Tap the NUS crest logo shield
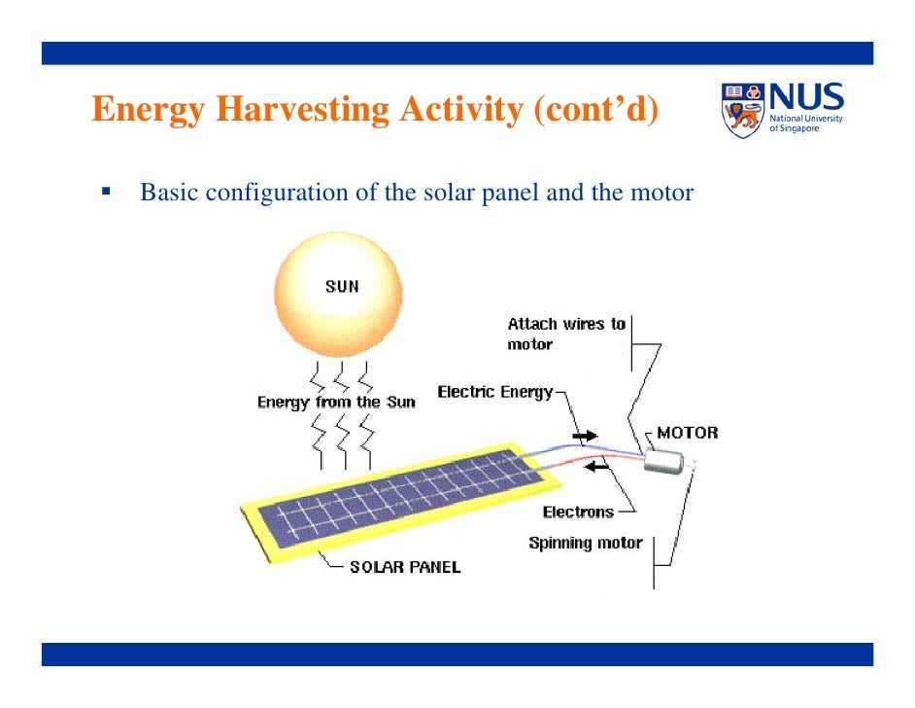point(743,109)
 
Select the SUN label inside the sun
point(342,286)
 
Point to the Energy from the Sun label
point(336,402)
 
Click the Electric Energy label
point(494,392)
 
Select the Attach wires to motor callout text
point(565,334)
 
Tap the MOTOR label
point(687,433)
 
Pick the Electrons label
point(578,512)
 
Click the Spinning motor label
point(585,543)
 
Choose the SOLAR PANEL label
point(405,567)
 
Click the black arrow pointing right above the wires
point(585,437)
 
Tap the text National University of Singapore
point(805,124)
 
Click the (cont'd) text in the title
point(594,110)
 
